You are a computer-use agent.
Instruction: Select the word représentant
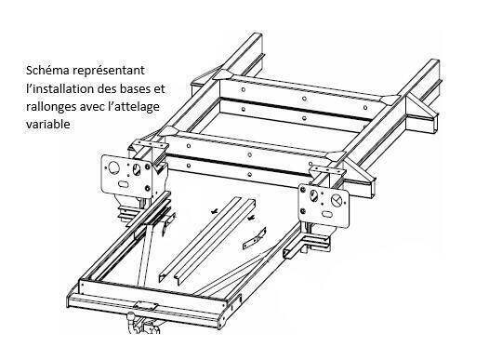pos(109,71)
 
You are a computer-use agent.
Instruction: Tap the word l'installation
pos(60,88)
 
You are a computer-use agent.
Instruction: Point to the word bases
pos(138,88)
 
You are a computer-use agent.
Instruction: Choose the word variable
pos(48,124)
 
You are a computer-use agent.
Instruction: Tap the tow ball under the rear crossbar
pos(132,317)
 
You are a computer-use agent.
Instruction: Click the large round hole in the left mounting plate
pos(113,167)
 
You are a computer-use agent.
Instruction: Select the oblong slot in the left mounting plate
pos(124,184)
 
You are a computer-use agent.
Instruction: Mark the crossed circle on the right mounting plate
pos(337,201)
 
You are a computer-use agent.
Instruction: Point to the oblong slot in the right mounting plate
pos(327,214)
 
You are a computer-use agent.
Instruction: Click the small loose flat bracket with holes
pos(254,238)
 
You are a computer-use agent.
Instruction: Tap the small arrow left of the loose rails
pos(213,211)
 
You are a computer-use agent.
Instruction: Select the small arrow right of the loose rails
pos(252,218)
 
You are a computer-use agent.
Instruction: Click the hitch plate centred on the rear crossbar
pos(146,305)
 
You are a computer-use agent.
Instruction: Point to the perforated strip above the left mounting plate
pos(151,144)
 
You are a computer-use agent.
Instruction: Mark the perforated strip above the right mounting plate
pos(328,171)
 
